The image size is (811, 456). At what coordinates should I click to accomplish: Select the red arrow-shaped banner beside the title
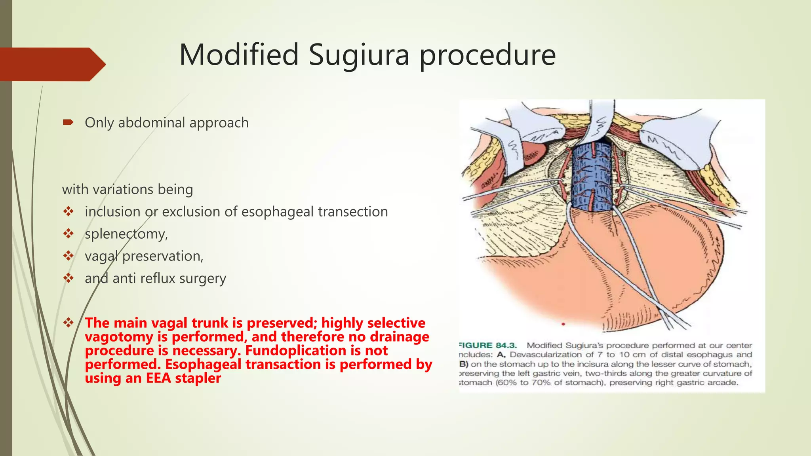[51, 64]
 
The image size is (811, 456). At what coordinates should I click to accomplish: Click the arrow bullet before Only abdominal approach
[68, 122]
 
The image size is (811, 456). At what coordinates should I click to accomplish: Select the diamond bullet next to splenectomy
[69, 234]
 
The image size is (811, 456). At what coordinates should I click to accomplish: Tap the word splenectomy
[126, 234]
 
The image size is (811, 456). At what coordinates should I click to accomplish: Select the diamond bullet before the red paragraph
[69, 323]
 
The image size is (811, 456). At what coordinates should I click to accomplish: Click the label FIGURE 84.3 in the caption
[487, 346]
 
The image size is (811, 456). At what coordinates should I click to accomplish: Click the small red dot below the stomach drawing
[563, 324]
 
